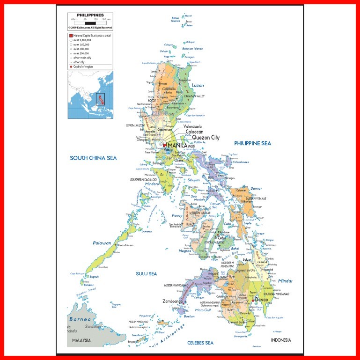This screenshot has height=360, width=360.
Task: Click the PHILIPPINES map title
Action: pos(90,15)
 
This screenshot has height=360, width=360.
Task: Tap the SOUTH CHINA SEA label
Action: pos(93,158)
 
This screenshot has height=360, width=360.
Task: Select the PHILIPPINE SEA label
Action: pos(252,143)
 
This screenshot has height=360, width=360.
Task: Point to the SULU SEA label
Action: pos(146,273)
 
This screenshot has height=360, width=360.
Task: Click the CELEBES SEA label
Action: pos(200,343)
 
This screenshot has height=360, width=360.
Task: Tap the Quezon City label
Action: pos(202,138)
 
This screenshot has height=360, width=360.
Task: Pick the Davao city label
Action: pos(262,300)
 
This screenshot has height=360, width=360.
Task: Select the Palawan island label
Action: pos(102,243)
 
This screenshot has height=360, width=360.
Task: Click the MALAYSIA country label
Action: pos(82,341)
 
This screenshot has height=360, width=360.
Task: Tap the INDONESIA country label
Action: pos(281,340)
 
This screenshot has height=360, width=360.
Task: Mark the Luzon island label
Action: pos(198,85)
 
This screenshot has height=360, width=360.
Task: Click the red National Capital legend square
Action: pos(71,36)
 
